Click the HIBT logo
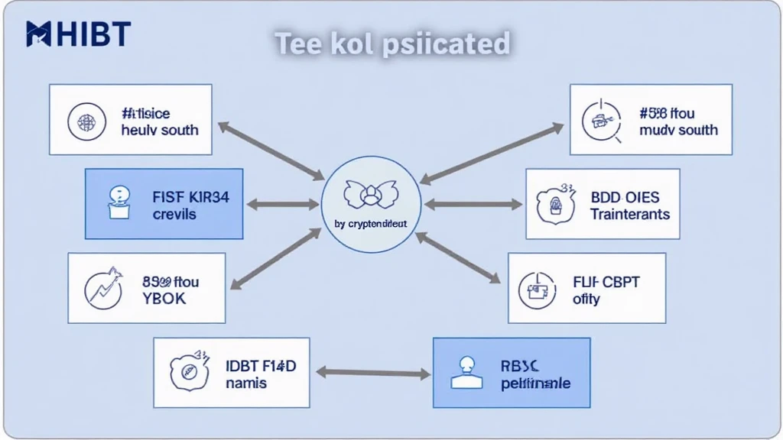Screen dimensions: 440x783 click(78, 34)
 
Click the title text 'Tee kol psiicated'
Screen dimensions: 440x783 click(391, 44)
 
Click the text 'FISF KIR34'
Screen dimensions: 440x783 click(190, 197)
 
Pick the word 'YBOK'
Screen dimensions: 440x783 click(164, 299)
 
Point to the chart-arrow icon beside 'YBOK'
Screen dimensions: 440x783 click(104, 289)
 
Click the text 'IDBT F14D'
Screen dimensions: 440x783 click(261, 366)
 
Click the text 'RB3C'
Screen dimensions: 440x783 click(521, 366)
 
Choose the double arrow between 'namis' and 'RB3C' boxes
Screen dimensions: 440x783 click(372, 373)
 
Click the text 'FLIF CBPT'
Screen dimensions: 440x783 click(606, 282)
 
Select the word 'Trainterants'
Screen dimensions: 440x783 click(629, 215)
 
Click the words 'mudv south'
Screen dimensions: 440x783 click(678, 130)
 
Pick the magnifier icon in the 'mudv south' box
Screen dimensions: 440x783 click(600, 119)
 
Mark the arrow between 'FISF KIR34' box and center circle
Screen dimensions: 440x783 click(282, 204)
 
